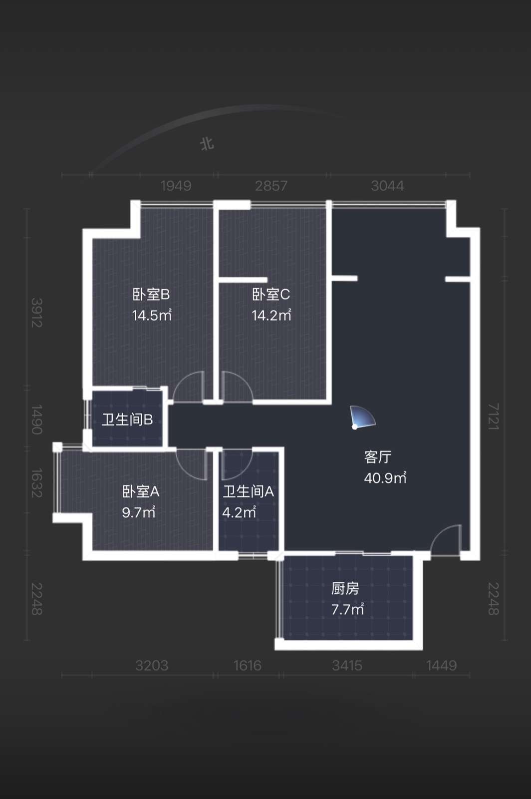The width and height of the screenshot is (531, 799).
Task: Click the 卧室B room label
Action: (x=151, y=295)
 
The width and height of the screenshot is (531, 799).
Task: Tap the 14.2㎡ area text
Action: (x=271, y=315)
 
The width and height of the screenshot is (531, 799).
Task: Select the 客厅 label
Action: (x=378, y=457)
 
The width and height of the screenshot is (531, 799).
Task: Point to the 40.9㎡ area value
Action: (x=385, y=477)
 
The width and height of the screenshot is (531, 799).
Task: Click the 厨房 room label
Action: (x=345, y=589)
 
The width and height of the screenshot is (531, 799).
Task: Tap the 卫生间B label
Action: (x=127, y=420)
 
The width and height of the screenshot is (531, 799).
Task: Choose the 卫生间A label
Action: (x=248, y=492)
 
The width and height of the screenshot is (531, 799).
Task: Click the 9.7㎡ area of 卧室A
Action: (x=139, y=512)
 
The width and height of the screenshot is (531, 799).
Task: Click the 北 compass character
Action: (x=207, y=144)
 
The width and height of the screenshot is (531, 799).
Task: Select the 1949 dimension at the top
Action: (x=176, y=186)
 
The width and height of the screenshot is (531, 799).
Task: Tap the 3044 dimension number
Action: (x=387, y=186)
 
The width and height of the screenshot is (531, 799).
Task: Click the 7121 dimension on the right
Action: (x=493, y=416)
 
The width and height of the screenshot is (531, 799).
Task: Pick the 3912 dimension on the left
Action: (x=37, y=313)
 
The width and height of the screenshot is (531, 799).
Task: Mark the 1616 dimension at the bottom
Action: (x=248, y=666)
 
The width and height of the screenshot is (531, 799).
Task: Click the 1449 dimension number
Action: (x=442, y=666)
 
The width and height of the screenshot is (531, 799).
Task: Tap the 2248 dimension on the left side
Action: (x=37, y=599)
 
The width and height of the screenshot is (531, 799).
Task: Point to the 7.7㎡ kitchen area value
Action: (x=347, y=610)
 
